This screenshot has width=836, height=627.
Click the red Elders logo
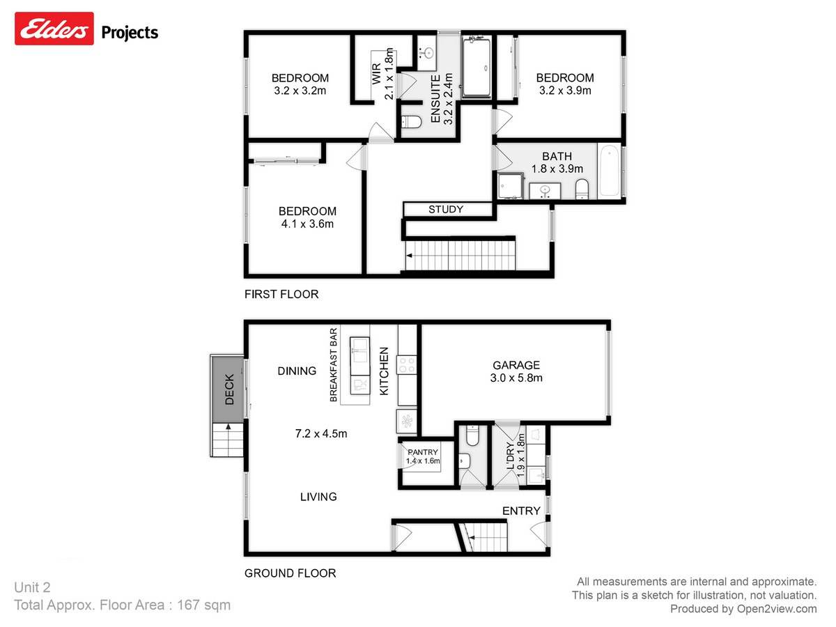pos(54,31)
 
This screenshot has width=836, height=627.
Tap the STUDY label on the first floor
pos(446,209)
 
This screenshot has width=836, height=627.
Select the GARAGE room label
pos(516,365)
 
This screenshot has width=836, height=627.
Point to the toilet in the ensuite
pos(412,123)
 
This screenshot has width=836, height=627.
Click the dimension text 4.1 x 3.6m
pos(307,224)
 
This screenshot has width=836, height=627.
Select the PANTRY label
pos(422,453)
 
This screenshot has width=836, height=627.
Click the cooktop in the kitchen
pos(407,365)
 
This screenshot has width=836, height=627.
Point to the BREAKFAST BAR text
pos(334,365)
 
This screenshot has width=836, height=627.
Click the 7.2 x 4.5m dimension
pos(320,433)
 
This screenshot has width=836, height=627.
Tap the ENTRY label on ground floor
pos(521,511)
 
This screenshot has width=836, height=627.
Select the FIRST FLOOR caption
pos(281,294)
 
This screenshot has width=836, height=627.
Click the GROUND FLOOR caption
pos(290,573)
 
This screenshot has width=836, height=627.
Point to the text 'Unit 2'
pos(33,587)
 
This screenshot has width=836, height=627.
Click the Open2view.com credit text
pos(743,609)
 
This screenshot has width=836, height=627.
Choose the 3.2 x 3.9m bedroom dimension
pos(565,91)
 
